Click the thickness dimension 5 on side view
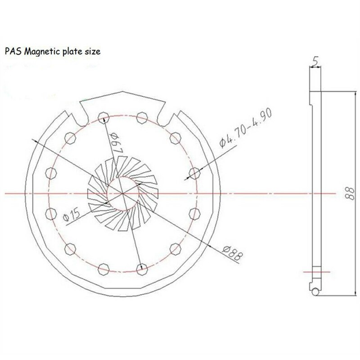point(316,60)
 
